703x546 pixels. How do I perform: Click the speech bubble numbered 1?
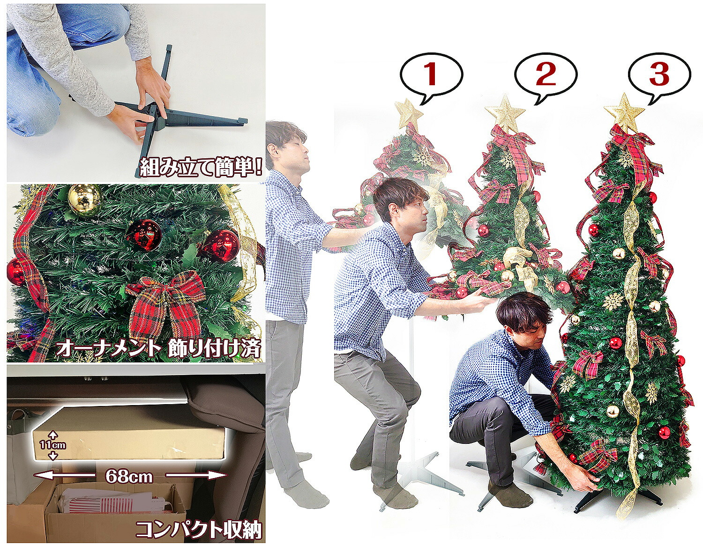431,75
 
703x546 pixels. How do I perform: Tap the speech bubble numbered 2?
545,75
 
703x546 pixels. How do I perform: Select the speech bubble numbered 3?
659,75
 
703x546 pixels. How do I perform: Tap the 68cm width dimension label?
129,476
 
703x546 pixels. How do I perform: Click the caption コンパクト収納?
198,529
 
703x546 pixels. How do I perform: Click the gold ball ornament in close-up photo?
85,199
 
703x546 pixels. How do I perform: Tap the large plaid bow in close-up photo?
167,300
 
